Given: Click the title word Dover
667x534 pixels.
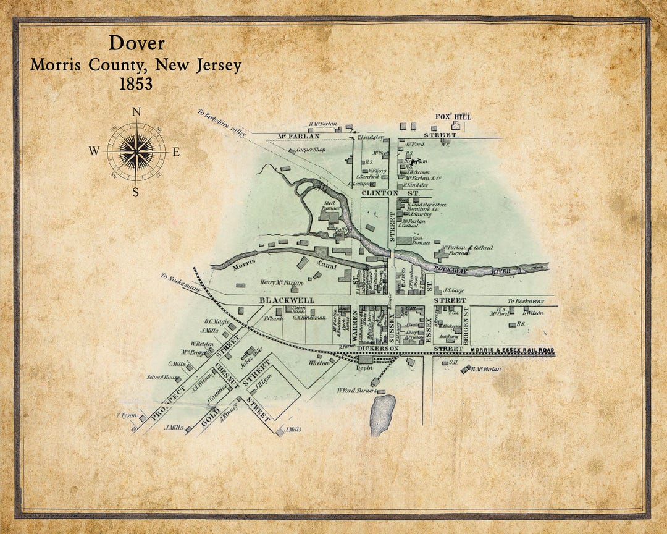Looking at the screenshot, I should (136, 43).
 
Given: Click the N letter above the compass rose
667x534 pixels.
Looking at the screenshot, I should (136, 112).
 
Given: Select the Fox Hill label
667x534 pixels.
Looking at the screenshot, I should (453, 117).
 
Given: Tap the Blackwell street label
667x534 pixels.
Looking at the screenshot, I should (287, 300).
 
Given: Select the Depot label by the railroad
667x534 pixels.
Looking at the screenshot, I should (366, 367).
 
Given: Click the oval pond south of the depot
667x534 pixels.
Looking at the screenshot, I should (382, 415).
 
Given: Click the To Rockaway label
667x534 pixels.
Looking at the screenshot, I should (526, 301).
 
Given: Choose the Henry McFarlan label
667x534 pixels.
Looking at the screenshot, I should (282, 283).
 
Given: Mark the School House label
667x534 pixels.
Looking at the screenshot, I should (162, 377).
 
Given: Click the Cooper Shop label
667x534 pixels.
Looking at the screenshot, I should (311, 150).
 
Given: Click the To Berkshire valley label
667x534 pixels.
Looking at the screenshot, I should (222, 122).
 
